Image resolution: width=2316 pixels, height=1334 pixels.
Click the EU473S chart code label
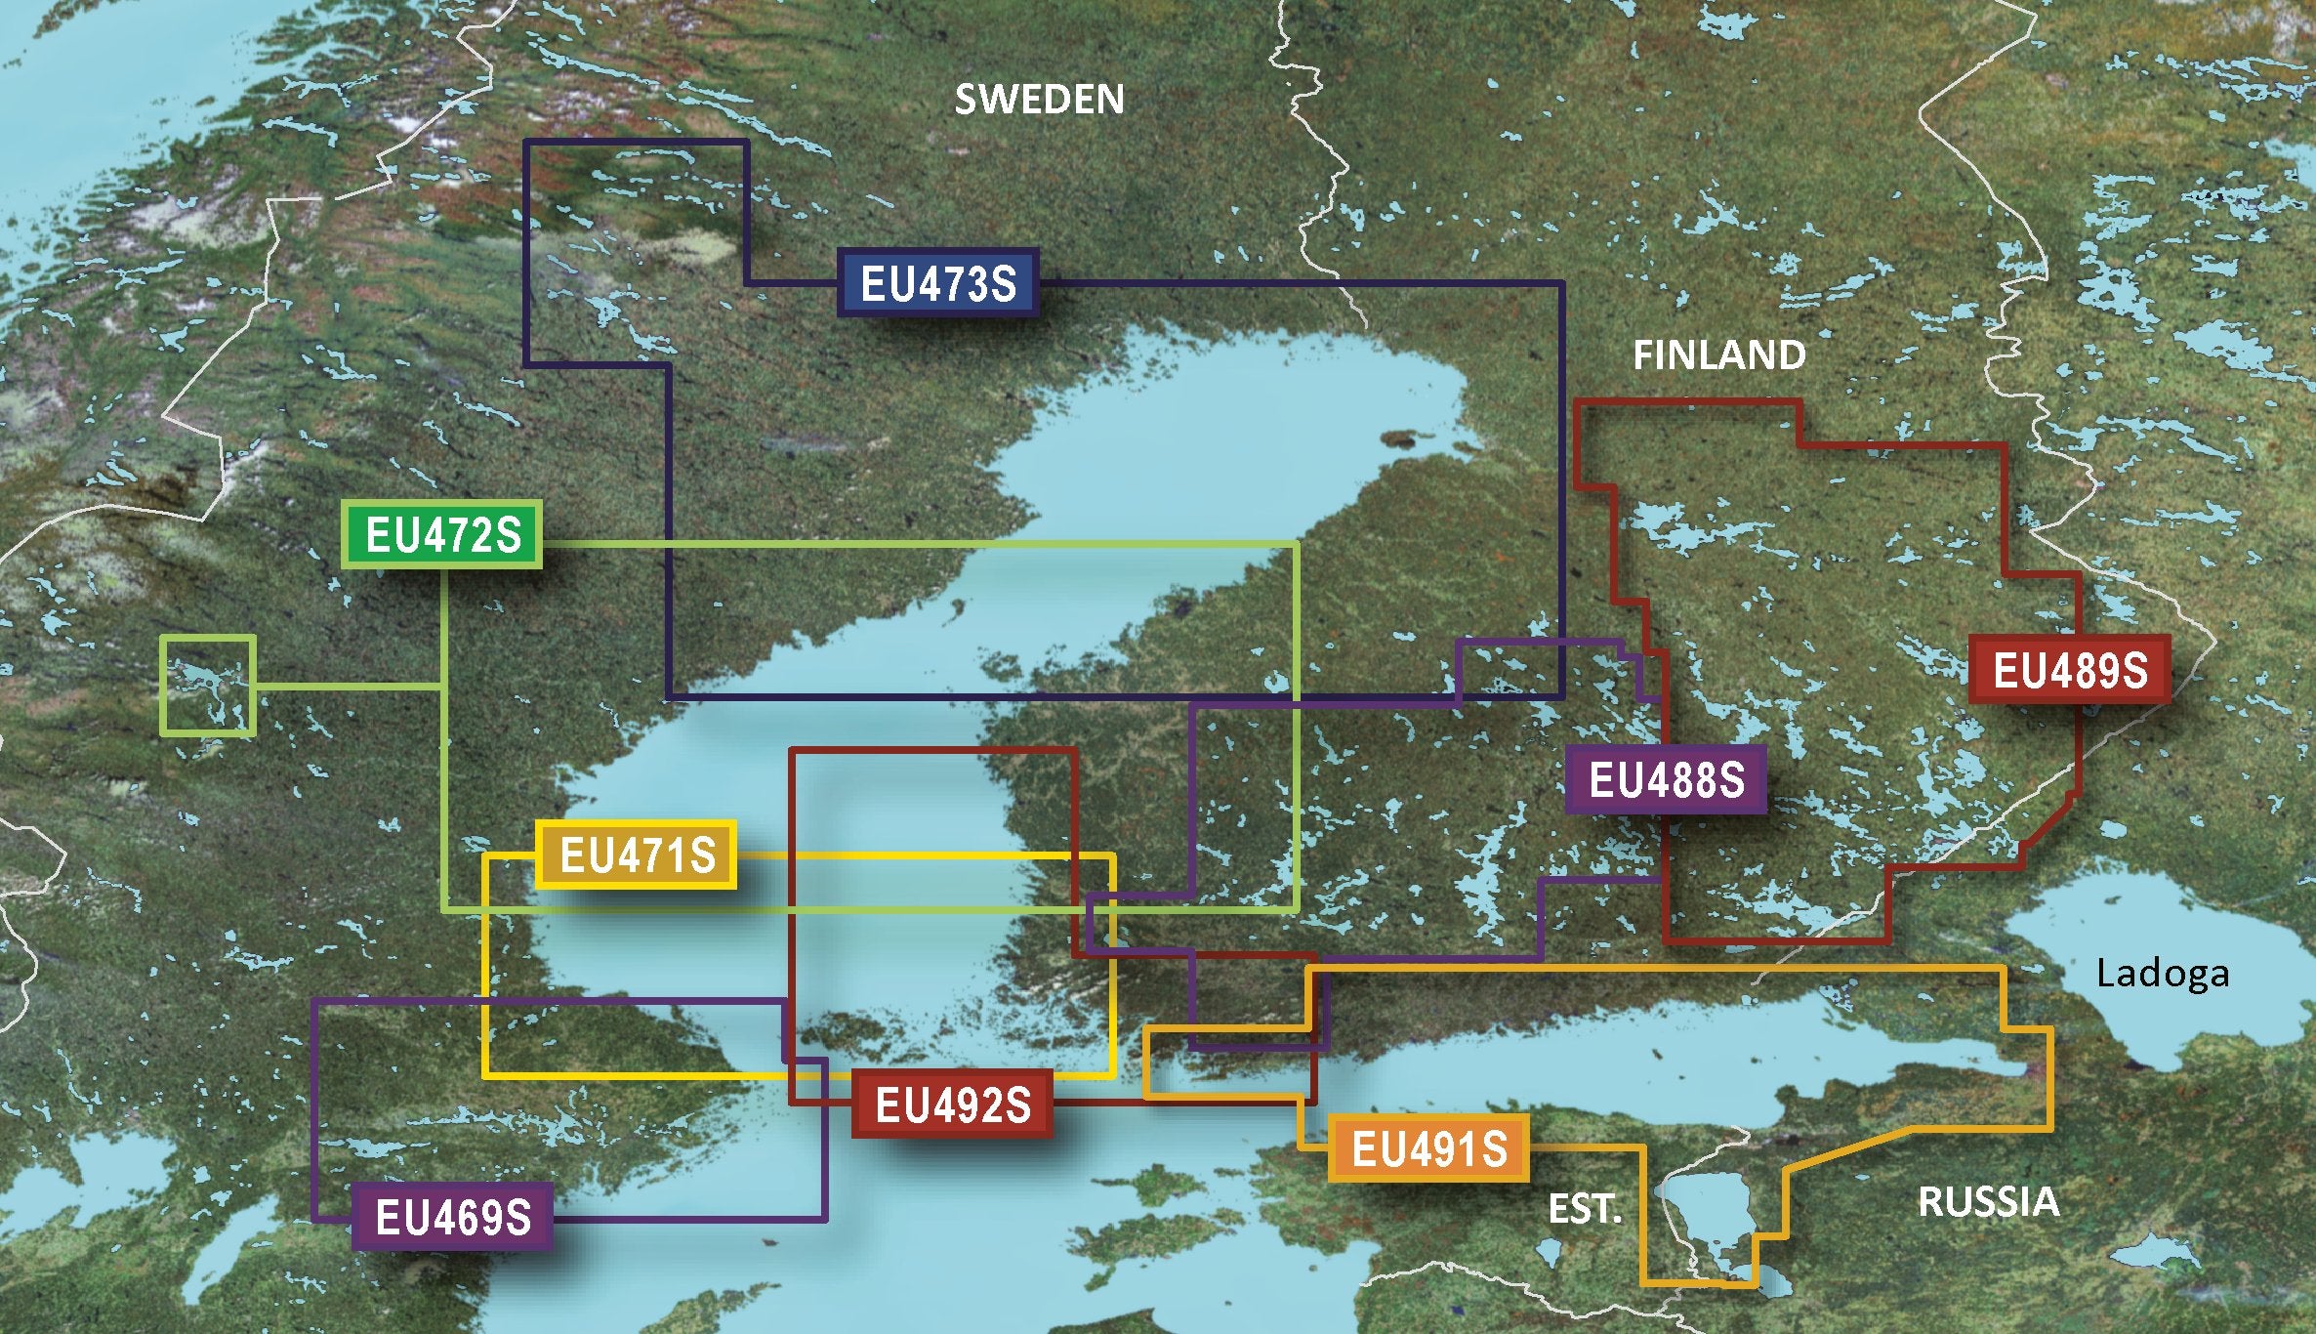click(937, 283)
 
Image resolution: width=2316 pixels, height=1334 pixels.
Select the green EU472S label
click(442, 535)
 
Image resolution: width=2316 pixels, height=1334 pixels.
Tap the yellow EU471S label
click(637, 855)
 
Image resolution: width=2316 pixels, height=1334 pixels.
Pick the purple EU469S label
click(452, 1218)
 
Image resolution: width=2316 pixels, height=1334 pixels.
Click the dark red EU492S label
click(952, 1105)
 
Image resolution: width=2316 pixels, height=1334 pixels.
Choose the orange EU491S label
click(1428, 1148)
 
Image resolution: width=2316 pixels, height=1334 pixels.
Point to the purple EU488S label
click(1666, 779)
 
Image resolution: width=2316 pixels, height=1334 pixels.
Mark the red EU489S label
click(2069, 670)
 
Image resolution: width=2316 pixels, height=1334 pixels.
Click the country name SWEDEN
click(1039, 100)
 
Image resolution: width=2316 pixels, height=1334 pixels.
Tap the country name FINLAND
click(1718, 354)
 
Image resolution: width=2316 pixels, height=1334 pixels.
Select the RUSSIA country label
click(1988, 1201)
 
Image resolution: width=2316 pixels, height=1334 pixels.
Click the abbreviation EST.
click(1584, 1210)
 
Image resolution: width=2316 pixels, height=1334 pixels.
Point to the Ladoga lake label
click(2163, 974)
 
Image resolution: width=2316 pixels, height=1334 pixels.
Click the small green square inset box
click(208, 685)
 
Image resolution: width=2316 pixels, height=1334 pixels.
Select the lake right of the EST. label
click(1714, 1221)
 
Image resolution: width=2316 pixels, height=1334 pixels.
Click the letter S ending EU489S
click(2133, 670)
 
